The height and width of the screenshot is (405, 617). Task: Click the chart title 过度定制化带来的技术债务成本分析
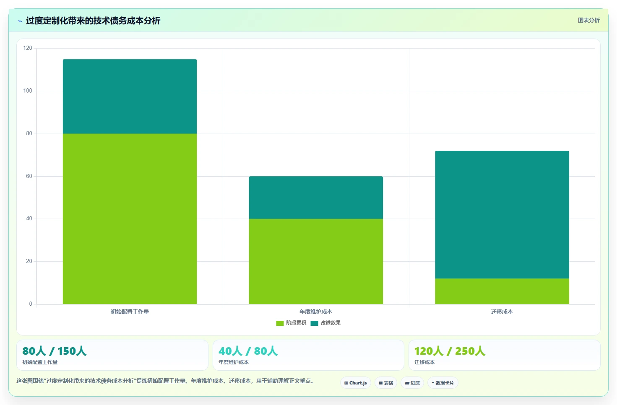[x=93, y=21]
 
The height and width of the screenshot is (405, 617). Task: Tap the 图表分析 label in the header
[x=588, y=21]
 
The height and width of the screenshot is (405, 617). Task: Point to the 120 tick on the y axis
[x=28, y=48]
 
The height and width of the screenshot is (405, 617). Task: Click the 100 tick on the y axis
[x=28, y=91]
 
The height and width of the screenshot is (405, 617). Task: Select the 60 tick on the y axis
[x=29, y=176]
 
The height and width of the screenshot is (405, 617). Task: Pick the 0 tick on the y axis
[x=31, y=304]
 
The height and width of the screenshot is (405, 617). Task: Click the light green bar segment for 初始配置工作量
[x=130, y=219]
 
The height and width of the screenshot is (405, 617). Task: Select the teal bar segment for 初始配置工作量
[x=130, y=96]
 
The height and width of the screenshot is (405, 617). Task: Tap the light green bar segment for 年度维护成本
[x=316, y=261]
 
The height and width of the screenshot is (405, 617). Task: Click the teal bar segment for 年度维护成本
[x=316, y=198]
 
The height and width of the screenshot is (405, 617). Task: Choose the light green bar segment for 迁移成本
[x=502, y=291]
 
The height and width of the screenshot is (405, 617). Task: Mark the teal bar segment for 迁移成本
[x=502, y=215]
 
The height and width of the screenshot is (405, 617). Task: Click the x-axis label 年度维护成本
[x=316, y=312]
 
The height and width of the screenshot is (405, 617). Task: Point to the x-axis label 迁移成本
[x=502, y=312]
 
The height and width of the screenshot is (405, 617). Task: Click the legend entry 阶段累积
[x=291, y=323]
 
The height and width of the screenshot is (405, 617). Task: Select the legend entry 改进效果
[x=326, y=323]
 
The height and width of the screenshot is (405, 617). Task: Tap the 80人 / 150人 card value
[x=54, y=351]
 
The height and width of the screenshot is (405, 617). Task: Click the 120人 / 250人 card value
[x=450, y=351]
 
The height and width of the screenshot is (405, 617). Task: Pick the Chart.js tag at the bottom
[x=356, y=383]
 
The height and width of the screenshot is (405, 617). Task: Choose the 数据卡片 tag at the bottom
[x=443, y=383]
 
